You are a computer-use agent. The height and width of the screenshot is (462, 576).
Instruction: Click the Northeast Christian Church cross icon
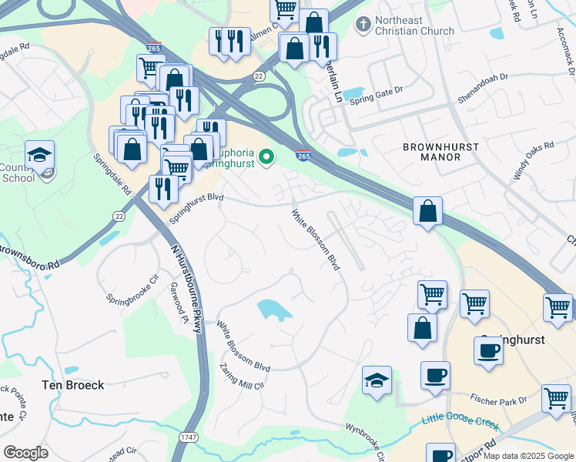362,25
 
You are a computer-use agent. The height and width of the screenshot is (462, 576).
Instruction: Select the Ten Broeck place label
73,385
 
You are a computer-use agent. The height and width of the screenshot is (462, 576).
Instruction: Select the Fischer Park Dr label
500,400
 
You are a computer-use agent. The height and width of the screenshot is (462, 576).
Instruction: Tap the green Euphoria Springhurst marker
267,158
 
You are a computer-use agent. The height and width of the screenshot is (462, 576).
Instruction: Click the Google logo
25,453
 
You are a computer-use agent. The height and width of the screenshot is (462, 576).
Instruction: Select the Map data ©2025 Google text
528,456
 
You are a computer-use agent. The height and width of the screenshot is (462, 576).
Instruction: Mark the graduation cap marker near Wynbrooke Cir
377,381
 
